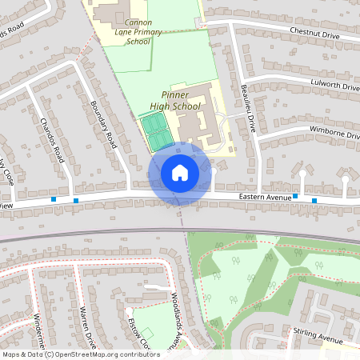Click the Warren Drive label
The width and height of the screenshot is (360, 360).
tap(87, 328)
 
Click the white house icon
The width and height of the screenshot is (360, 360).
tap(180, 173)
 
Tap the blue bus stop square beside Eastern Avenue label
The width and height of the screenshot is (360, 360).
tap(295, 196)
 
